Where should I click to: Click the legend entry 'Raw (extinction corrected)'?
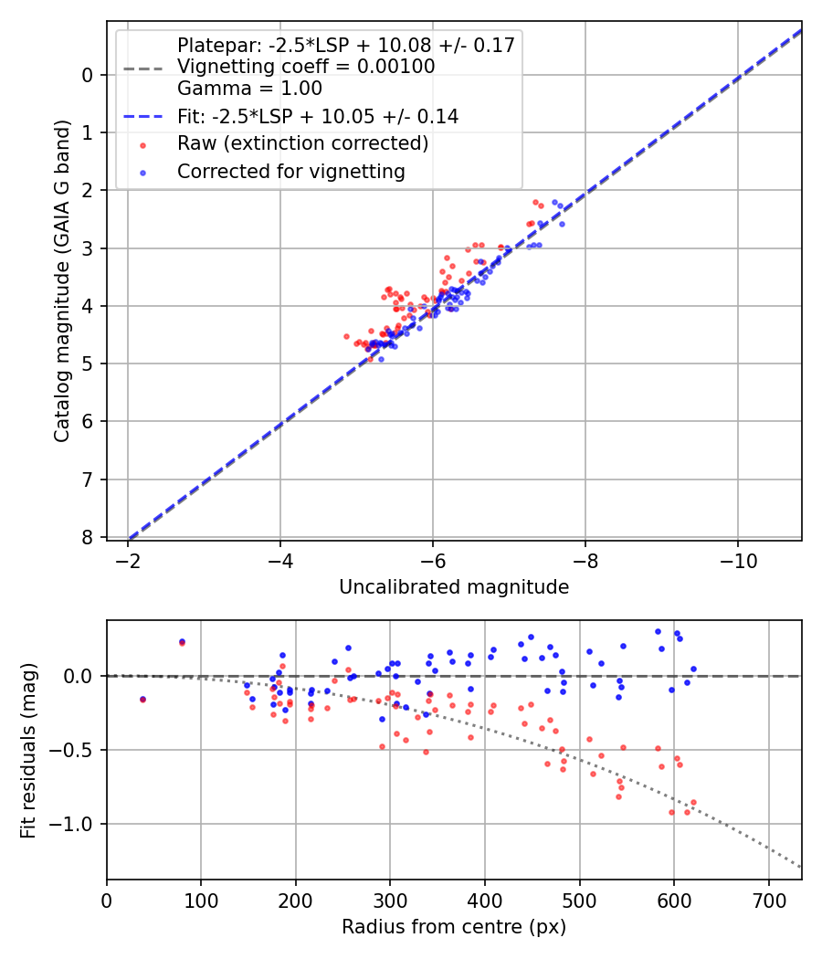[x=302, y=143]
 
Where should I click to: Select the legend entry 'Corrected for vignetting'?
[x=290, y=171]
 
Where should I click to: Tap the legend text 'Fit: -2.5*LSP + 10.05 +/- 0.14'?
[x=318, y=116]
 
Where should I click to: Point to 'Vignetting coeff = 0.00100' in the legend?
[x=306, y=67]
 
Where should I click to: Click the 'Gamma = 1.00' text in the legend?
[x=249, y=89]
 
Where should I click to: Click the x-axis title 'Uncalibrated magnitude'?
[x=454, y=587]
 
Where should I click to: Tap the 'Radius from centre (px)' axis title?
[x=454, y=927]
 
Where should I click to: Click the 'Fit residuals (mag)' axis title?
[x=28, y=751]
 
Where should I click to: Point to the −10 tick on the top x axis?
[x=738, y=560]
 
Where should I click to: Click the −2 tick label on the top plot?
[x=129, y=560]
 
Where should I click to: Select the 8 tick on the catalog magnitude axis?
[x=88, y=537]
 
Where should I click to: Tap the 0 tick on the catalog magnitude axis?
[x=88, y=75]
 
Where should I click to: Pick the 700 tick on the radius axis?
[x=768, y=900]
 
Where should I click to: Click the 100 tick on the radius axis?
[x=201, y=900]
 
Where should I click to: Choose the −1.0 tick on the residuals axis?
[x=74, y=824]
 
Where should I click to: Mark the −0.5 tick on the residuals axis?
[x=74, y=750]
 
